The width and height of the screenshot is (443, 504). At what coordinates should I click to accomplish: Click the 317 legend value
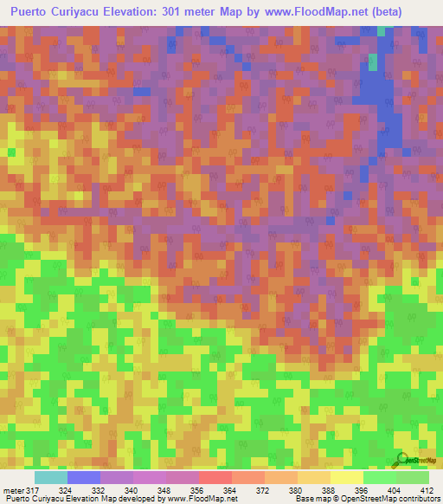[x=33, y=490]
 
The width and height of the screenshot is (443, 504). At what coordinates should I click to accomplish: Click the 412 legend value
[x=425, y=490]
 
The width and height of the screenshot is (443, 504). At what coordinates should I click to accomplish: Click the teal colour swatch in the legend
[x=51, y=477]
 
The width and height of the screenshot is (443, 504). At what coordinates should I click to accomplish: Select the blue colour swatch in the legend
[x=84, y=477]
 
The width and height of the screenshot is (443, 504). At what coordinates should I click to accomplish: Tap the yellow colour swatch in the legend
[x=346, y=477]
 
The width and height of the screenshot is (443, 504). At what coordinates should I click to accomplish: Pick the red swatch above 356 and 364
[x=215, y=477]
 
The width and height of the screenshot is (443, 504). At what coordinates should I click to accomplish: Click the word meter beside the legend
[x=12, y=490]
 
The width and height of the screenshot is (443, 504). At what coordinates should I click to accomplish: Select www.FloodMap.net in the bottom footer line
[x=203, y=500]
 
